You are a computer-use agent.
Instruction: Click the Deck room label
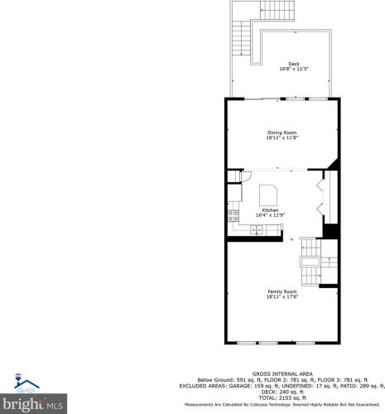coord(294,64)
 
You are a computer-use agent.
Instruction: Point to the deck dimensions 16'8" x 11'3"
coord(294,70)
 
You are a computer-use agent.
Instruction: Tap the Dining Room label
coord(282,132)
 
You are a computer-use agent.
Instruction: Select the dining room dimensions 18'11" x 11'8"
coord(282,138)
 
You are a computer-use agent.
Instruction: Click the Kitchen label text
coord(271,210)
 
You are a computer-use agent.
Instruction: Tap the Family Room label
coord(282,291)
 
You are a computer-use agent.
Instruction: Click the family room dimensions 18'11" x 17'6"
coord(282,297)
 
